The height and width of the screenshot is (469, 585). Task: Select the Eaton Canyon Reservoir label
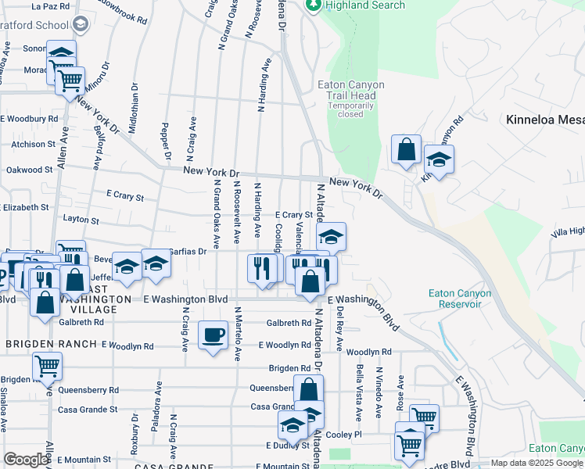click(460, 299)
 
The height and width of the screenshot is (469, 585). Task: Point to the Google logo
click(26, 460)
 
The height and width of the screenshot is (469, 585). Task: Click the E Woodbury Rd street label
click(29, 119)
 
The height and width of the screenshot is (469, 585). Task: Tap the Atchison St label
click(32, 144)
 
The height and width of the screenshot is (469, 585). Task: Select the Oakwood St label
click(29, 170)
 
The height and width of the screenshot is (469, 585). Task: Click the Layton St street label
click(81, 221)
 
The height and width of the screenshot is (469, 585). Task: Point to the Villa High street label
click(567, 231)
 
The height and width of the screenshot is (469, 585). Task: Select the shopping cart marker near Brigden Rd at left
click(48, 365)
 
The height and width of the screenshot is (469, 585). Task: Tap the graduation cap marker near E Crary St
click(331, 236)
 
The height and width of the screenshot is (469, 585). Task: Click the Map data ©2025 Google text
click(537, 463)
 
